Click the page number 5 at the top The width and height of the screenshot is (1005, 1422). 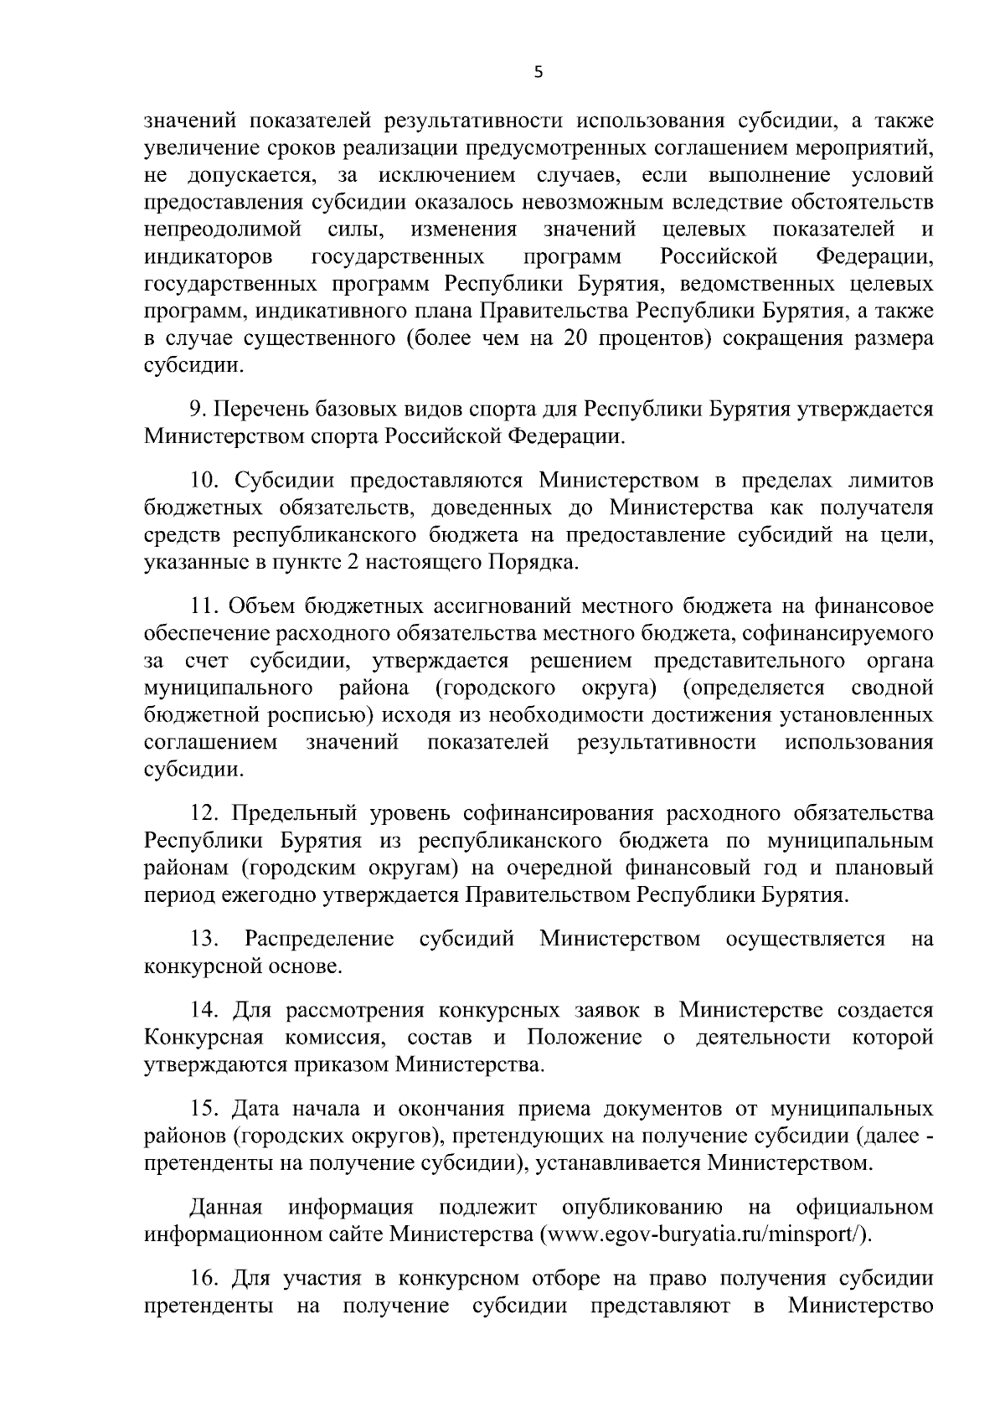coord(539,73)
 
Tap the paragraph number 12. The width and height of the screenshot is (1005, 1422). coord(205,812)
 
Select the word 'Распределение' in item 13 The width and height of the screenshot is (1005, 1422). coord(319,939)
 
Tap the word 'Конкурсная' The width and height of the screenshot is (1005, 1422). coord(204,1038)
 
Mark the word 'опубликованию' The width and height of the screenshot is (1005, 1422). coord(643,1207)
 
